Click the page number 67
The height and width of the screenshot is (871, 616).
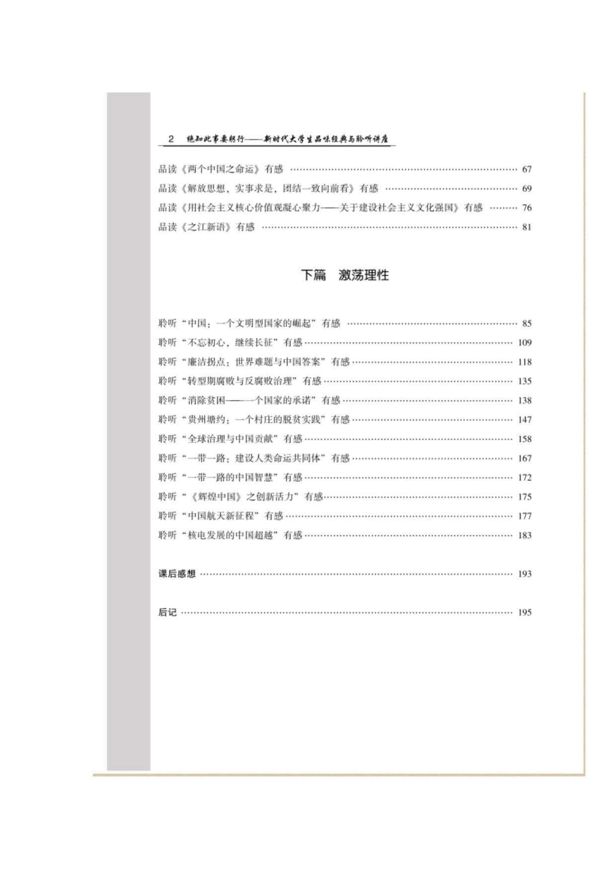tap(527, 169)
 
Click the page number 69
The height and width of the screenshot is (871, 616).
tap(527, 189)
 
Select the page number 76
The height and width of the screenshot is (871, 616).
tap(527, 208)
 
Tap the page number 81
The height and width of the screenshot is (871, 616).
tap(527, 227)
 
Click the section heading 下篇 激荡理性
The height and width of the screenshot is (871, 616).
tap(345, 275)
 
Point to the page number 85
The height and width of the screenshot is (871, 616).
tap(527, 324)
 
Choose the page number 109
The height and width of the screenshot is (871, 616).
tap(525, 343)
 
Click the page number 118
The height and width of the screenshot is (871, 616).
tap(525, 362)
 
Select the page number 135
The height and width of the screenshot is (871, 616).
tap(525, 381)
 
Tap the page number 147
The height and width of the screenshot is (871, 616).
tap(525, 420)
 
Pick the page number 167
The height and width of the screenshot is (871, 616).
tap(525, 458)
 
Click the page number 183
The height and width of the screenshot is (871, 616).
tap(525, 536)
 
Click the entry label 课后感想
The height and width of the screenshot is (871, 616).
tap(177, 574)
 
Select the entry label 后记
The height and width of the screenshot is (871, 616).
tap(167, 613)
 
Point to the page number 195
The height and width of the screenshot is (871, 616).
tap(525, 613)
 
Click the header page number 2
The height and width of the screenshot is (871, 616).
tap(171, 139)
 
